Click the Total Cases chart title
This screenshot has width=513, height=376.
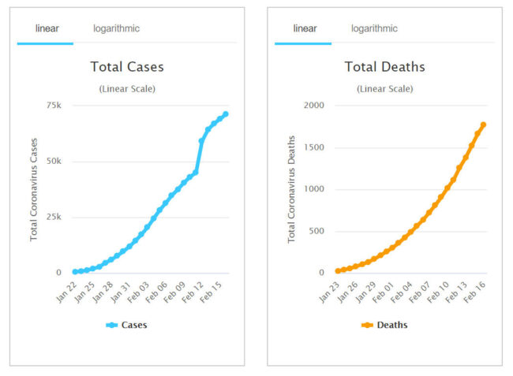[127, 67]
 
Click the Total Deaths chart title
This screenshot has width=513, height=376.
[384, 67]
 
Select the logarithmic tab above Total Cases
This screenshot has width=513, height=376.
[116, 28]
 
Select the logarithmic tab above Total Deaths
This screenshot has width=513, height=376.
[374, 28]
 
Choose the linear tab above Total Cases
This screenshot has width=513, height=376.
[47, 28]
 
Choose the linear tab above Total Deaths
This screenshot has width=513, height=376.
[305, 28]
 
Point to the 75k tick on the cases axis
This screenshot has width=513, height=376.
[54, 105]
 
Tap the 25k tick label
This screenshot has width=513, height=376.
[54, 217]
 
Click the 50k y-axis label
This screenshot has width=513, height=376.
[54, 161]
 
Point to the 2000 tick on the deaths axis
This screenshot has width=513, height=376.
[313, 105]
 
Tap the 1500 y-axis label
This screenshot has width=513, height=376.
[313, 147]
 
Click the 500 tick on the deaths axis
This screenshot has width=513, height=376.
[316, 231]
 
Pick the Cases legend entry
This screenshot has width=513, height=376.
[127, 325]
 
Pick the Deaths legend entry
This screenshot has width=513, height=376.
[384, 325]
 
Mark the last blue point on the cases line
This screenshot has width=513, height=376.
[226, 114]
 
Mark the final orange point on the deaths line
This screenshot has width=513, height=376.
[483, 125]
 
